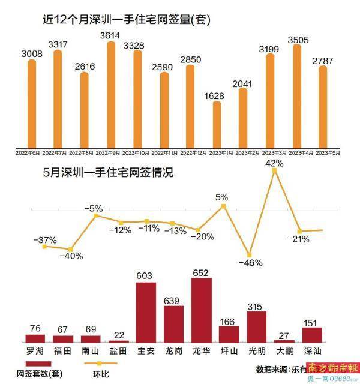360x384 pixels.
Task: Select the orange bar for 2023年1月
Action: tap(217, 125)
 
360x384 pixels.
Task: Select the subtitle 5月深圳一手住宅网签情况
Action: tap(108, 173)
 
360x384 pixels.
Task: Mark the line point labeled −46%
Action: tap(249, 254)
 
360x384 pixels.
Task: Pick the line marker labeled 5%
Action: tap(223, 206)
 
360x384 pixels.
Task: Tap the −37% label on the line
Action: tap(45, 240)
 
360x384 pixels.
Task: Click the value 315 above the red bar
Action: tap(256, 307)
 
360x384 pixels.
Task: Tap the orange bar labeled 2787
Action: tap(322, 107)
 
